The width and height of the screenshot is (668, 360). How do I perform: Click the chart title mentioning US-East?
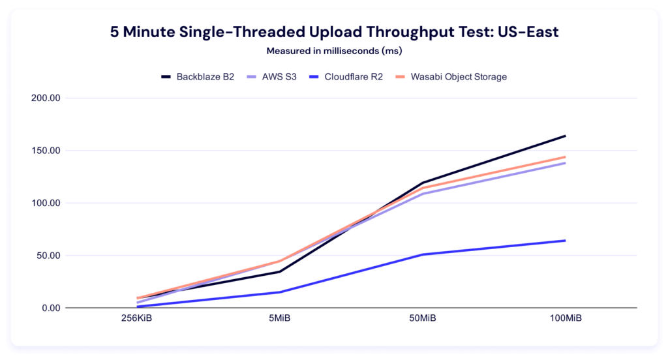333,31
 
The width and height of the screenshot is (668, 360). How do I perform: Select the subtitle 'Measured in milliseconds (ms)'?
333,50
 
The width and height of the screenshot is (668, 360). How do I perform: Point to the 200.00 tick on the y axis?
46,98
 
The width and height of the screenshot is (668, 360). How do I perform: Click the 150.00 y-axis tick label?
46,151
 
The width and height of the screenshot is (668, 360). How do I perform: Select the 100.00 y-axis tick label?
46,203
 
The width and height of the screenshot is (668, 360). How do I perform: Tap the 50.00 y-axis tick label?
48,256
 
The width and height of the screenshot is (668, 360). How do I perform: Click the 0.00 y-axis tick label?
50,308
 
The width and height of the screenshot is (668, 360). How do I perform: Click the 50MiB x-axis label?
423,319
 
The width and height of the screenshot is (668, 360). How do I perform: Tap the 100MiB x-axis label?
565,319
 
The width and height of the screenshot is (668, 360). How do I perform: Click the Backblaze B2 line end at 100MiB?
565,136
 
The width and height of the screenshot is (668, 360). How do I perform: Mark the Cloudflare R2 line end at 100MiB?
565,241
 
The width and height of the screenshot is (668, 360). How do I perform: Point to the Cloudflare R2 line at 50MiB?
423,254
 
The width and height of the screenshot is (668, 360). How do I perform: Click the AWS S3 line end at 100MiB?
565,163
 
